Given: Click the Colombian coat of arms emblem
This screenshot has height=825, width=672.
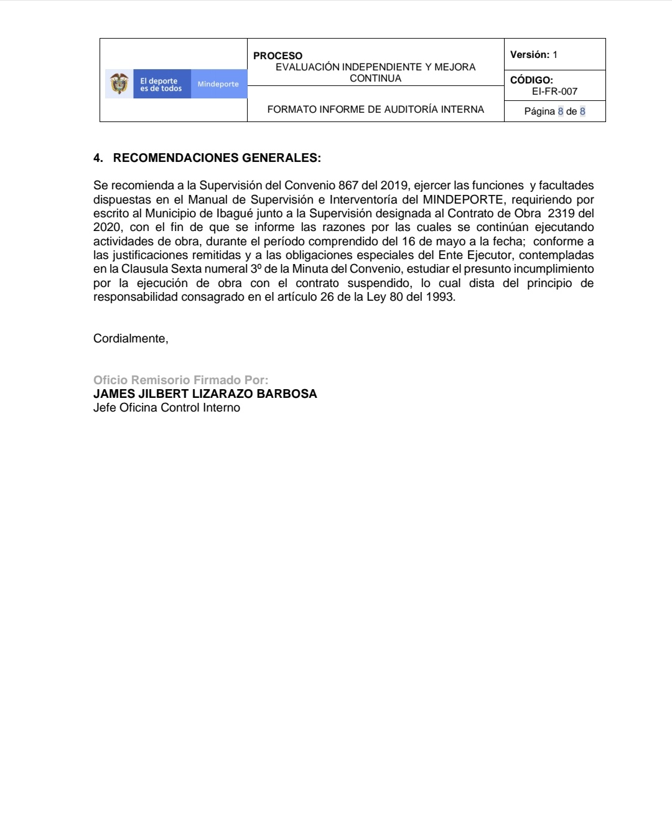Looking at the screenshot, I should point(119,84).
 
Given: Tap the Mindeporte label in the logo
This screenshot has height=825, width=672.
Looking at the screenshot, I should point(218,84).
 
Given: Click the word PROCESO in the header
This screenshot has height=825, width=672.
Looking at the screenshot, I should point(278,56).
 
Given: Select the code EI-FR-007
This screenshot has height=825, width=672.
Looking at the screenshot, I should point(554,92).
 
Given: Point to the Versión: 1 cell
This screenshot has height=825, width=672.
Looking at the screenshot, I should point(533,55).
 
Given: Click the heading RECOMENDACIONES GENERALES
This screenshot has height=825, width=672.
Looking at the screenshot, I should point(217,158).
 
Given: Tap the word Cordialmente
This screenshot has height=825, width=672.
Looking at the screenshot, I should point(131,339).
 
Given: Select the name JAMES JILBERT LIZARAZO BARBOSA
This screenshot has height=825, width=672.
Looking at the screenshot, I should point(205,394).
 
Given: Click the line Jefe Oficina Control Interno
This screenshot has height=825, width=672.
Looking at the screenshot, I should point(166,408).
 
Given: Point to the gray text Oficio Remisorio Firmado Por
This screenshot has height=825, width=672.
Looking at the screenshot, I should point(180,380).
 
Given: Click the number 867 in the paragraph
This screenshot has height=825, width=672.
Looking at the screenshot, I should point(348,186).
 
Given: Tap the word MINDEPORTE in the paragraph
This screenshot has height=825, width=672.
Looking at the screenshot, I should point(462,200).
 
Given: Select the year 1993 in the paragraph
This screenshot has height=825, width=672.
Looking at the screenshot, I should point(441,297).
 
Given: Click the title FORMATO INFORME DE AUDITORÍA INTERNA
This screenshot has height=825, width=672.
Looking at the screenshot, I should point(375,110).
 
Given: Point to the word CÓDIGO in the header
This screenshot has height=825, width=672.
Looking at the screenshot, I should point(531,80).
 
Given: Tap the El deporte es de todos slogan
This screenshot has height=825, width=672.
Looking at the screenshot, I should point(161,85).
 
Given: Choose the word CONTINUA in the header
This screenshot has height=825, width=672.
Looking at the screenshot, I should point(375,78).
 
